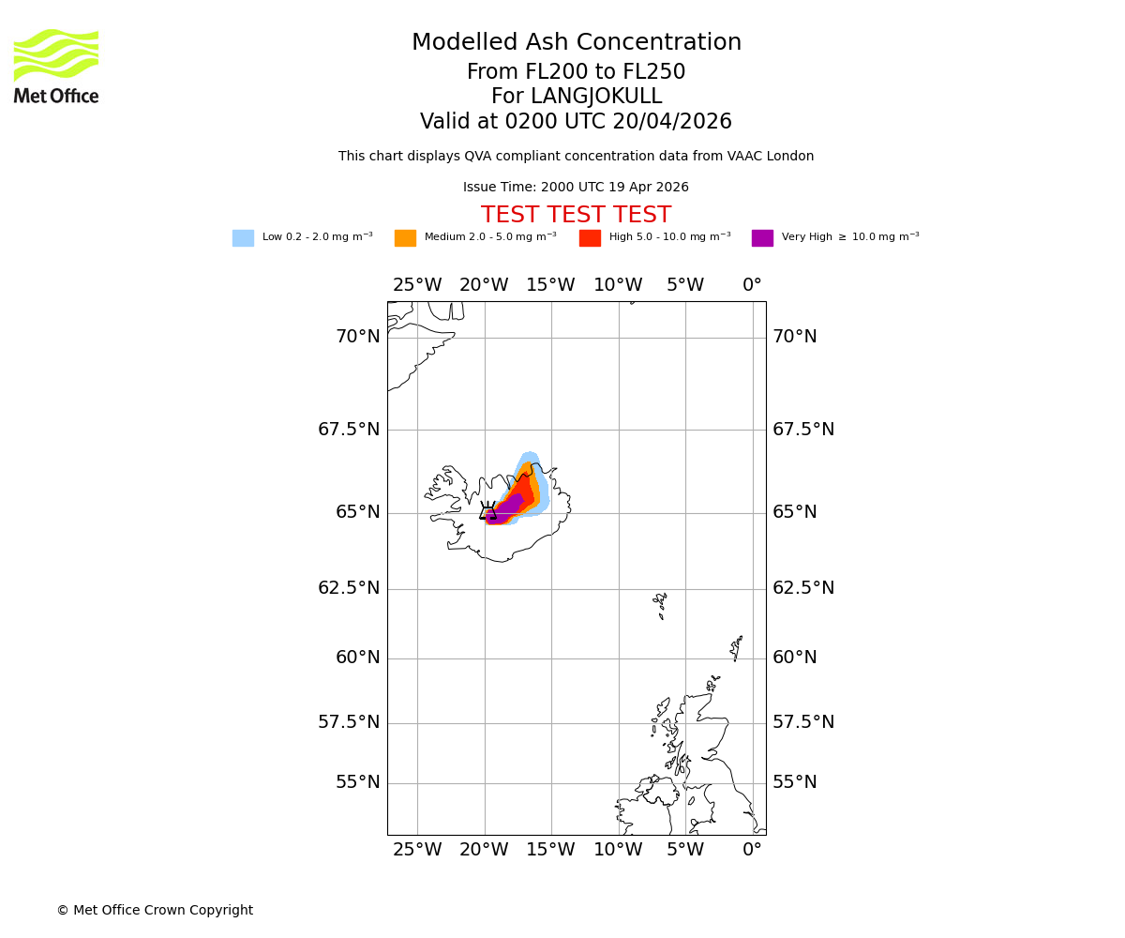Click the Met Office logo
pyautogui.click(x=56, y=66)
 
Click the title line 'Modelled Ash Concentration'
pyautogui.click(x=576, y=43)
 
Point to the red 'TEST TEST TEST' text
pyautogui.click(x=576, y=216)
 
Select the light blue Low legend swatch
pyautogui.click(x=243, y=238)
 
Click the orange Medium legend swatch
pyautogui.click(x=405, y=238)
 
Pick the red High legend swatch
pyautogui.click(x=590, y=238)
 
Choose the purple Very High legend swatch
pyautogui.click(x=762, y=238)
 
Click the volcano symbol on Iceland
pyautogui.click(x=487, y=511)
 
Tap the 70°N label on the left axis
pyautogui.click(x=358, y=337)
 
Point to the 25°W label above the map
pyautogui.click(x=417, y=285)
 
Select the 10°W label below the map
pyautogui.click(x=618, y=851)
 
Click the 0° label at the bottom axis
pyautogui.click(x=752, y=851)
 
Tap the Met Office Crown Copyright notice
pyautogui.click(x=155, y=911)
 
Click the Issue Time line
pyautogui.click(x=576, y=188)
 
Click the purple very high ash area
pyautogui.click(x=506, y=509)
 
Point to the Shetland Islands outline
pyautogui.click(x=736, y=647)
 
